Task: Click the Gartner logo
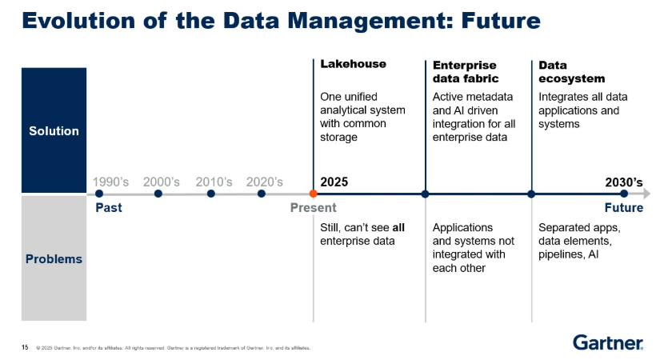(x=608, y=343)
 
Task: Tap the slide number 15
(x=25, y=347)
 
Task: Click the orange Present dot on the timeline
(x=313, y=194)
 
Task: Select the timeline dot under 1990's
(x=99, y=194)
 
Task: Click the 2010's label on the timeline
(x=214, y=182)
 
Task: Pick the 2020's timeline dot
(x=262, y=194)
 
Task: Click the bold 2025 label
(x=334, y=182)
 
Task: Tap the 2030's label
(x=624, y=182)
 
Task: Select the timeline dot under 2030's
(x=624, y=194)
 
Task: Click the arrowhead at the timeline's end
(x=646, y=194)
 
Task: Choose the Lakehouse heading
(x=353, y=64)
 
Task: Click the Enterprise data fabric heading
(x=465, y=71)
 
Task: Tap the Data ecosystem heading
(x=571, y=71)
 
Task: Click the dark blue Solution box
(x=54, y=130)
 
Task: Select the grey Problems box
(x=54, y=258)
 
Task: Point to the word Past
(x=108, y=208)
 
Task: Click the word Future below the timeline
(x=623, y=208)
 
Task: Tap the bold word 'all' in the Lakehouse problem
(x=398, y=227)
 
